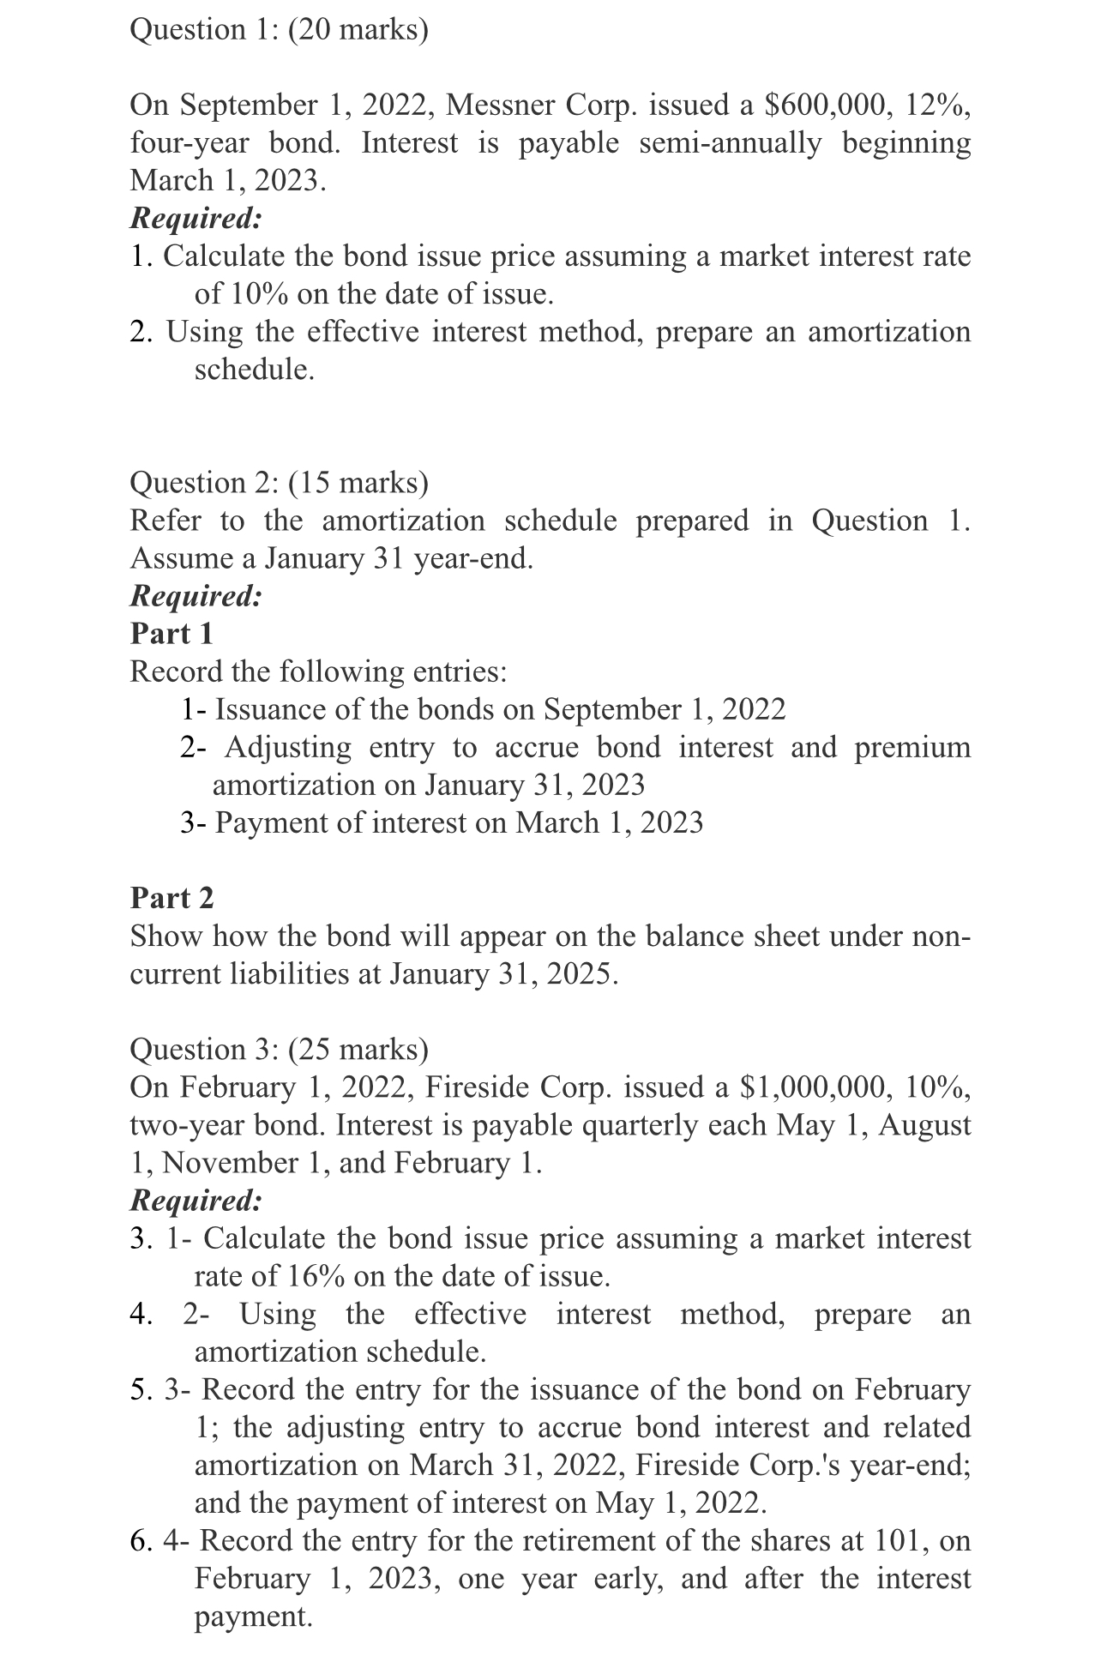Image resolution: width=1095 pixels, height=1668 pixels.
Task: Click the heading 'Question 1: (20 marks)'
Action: click(279, 30)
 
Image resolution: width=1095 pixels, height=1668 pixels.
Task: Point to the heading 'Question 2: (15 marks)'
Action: click(279, 483)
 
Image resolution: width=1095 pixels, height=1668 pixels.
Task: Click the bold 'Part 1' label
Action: click(171, 634)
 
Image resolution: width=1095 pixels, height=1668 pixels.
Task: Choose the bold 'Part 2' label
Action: click(171, 898)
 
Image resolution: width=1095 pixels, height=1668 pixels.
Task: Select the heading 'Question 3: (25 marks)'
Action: click(279, 1050)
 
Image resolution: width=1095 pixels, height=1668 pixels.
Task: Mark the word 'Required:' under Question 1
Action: click(196, 219)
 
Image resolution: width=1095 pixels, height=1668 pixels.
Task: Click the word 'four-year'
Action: click(189, 143)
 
